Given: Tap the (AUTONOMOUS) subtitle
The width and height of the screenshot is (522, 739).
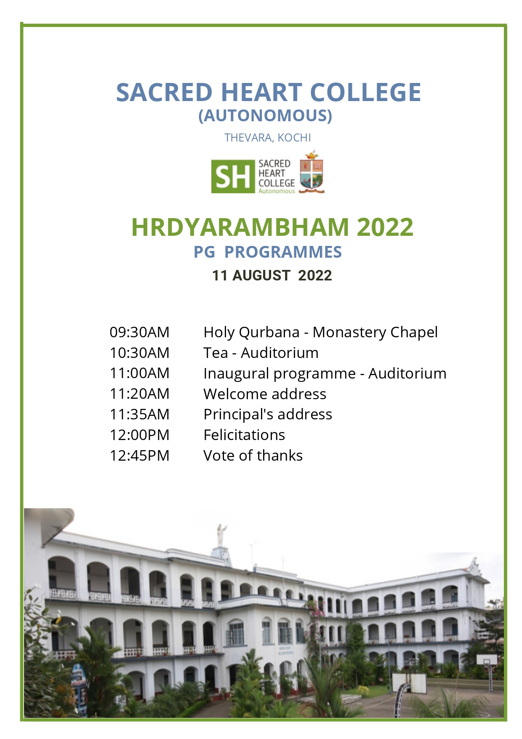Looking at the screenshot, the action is [265, 115].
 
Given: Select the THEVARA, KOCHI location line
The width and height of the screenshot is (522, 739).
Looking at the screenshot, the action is [268, 138].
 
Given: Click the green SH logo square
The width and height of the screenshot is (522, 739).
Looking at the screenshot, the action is [233, 176].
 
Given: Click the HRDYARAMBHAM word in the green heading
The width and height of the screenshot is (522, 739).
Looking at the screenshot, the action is [240, 227].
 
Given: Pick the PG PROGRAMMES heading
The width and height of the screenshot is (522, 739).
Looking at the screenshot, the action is [268, 252].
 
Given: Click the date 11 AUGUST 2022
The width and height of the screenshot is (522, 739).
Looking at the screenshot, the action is [272, 275].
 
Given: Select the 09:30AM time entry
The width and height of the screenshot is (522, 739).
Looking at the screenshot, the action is [139, 332].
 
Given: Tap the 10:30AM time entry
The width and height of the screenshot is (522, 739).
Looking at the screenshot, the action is [139, 353].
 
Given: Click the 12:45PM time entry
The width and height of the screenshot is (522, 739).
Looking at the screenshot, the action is [139, 456].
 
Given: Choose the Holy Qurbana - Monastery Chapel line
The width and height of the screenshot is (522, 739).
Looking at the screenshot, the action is [320, 333].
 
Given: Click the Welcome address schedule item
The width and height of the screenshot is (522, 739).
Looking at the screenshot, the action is [265, 394].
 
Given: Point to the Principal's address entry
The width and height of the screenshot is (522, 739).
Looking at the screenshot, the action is [268, 415].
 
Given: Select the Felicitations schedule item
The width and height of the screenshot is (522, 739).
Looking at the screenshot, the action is [244, 435].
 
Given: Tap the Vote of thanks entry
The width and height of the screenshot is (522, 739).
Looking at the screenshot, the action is [253, 456].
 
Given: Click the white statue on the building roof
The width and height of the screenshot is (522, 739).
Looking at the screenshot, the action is [221, 535].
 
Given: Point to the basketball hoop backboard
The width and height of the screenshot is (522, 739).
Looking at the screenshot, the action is [487, 660].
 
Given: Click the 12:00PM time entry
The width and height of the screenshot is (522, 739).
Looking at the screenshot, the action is [139, 435].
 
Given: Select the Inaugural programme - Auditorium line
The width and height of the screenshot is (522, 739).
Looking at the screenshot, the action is [325, 374].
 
